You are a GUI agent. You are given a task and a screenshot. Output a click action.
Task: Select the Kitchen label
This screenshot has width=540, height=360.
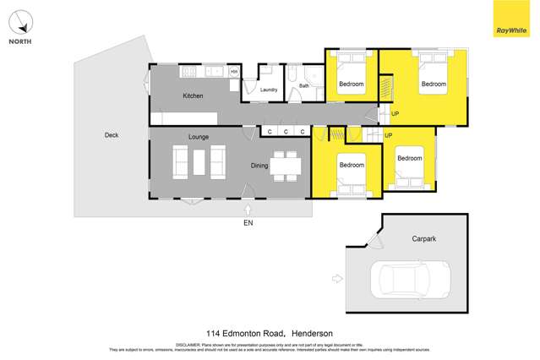point(193,96)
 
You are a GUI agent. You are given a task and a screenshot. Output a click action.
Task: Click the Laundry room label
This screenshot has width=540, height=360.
point(270,90)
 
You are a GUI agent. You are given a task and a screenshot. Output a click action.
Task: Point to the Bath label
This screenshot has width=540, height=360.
point(303,85)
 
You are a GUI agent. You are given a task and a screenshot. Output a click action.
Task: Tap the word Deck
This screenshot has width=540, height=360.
point(112,135)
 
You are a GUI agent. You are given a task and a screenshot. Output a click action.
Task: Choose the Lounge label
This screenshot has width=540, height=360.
point(199,137)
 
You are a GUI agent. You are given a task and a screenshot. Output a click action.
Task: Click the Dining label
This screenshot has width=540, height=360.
point(259,166)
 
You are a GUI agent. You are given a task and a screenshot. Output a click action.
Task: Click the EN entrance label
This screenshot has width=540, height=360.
point(248,223)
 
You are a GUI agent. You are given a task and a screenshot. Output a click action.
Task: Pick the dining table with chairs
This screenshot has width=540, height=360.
point(286,166)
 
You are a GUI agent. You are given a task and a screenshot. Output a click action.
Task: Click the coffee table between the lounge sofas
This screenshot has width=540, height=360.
point(199,161)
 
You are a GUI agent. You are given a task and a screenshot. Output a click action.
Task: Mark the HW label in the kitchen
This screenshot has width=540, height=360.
point(234,72)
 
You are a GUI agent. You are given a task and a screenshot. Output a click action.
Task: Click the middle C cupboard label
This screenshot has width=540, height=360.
point(286,132)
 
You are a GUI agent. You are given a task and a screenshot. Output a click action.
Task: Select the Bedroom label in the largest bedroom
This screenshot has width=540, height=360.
point(434,84)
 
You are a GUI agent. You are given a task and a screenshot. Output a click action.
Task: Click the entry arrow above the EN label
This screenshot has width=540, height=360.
point(248,208)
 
